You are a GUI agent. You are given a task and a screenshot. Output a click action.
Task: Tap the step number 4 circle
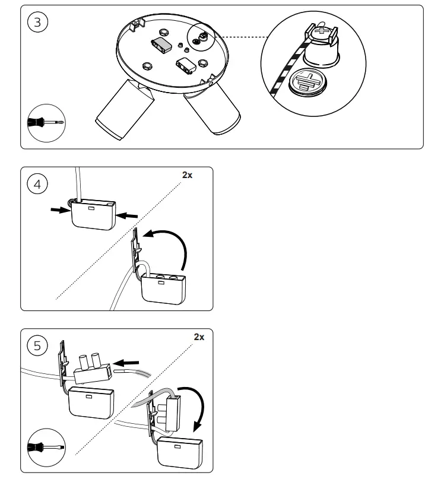tap(39, 185)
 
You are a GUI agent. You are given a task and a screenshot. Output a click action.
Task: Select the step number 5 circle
tap(39, 346)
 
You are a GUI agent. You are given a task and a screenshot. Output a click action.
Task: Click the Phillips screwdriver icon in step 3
tap(46, 124)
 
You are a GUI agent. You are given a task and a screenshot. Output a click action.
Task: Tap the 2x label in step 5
tap(199, 337)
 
